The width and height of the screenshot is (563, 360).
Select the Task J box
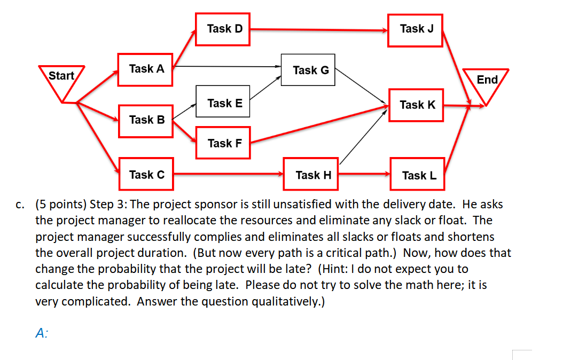(416, 29)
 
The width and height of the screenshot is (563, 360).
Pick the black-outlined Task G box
(308, 70)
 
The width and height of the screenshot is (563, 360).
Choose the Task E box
(223, 103)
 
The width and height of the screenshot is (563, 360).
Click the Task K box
(417, 105)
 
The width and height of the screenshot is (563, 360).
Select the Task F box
(223, 143)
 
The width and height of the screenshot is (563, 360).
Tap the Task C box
(146, 174)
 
